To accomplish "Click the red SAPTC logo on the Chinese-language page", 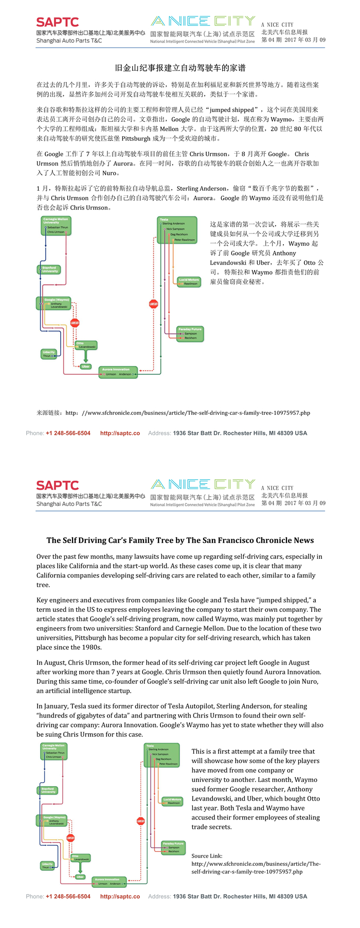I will [57, 22].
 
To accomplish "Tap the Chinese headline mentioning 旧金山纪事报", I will [180, 68].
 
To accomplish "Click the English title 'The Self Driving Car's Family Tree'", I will [180, 540].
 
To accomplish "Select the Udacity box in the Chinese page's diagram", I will [49, 354].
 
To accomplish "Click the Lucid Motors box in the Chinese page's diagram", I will [189, 281].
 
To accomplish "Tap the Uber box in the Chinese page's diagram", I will [85, 367].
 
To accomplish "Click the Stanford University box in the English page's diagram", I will [48, 790].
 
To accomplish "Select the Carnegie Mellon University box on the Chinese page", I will [56, 226].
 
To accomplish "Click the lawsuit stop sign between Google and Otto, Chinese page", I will [75, 323].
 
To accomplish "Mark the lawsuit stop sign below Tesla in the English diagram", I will [140, 821].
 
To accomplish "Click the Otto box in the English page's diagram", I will [80, 858].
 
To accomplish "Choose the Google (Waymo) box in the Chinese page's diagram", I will [53, 303].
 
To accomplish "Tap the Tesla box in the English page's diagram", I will [162, 755].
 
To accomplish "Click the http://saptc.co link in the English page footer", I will [120, 896].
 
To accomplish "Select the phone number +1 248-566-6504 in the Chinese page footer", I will [68, 433].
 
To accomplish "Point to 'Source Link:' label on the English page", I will [207, 856].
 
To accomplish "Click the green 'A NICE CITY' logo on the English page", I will [203, 484].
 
